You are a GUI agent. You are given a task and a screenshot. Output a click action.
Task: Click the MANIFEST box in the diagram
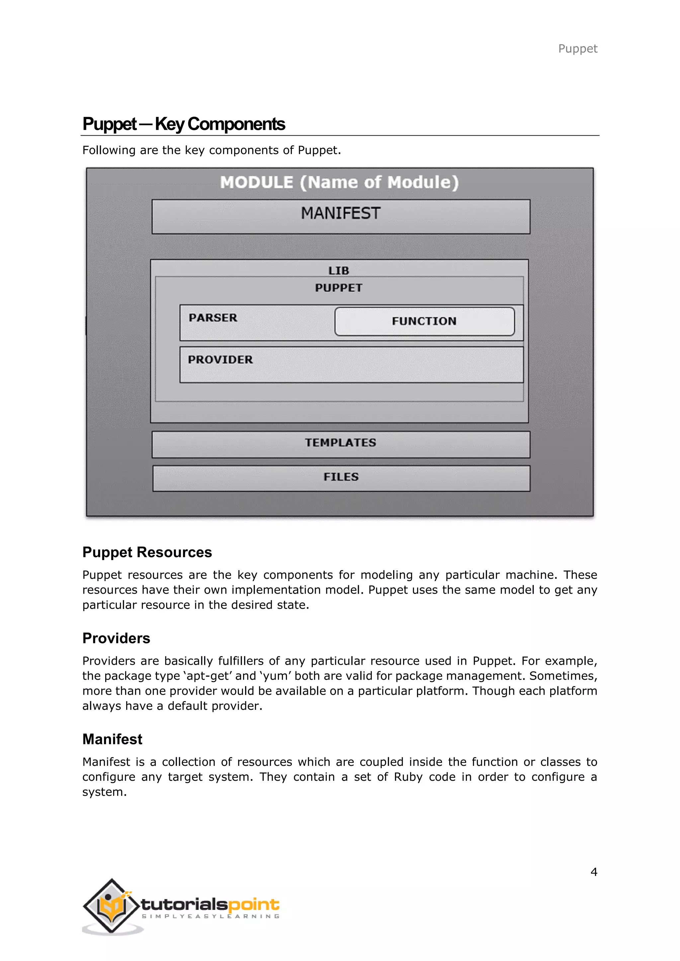341,216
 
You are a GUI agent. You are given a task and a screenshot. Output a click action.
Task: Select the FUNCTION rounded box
424,321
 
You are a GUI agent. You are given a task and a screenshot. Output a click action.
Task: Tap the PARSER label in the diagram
213,318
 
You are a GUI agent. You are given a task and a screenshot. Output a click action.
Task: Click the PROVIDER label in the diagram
220,359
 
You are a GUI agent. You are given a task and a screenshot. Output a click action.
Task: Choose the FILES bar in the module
341,478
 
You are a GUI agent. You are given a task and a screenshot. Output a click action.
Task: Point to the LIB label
338,271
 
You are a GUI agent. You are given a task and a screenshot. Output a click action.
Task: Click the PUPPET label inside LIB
338,288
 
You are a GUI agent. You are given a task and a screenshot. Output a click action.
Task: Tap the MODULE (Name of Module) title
339,182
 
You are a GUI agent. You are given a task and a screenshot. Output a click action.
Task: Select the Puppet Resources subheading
147,552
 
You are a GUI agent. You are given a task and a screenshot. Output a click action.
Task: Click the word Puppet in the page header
577,48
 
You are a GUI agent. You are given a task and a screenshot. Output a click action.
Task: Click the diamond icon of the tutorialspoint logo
111,905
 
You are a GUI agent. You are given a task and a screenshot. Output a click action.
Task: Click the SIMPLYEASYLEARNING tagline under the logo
211,916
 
